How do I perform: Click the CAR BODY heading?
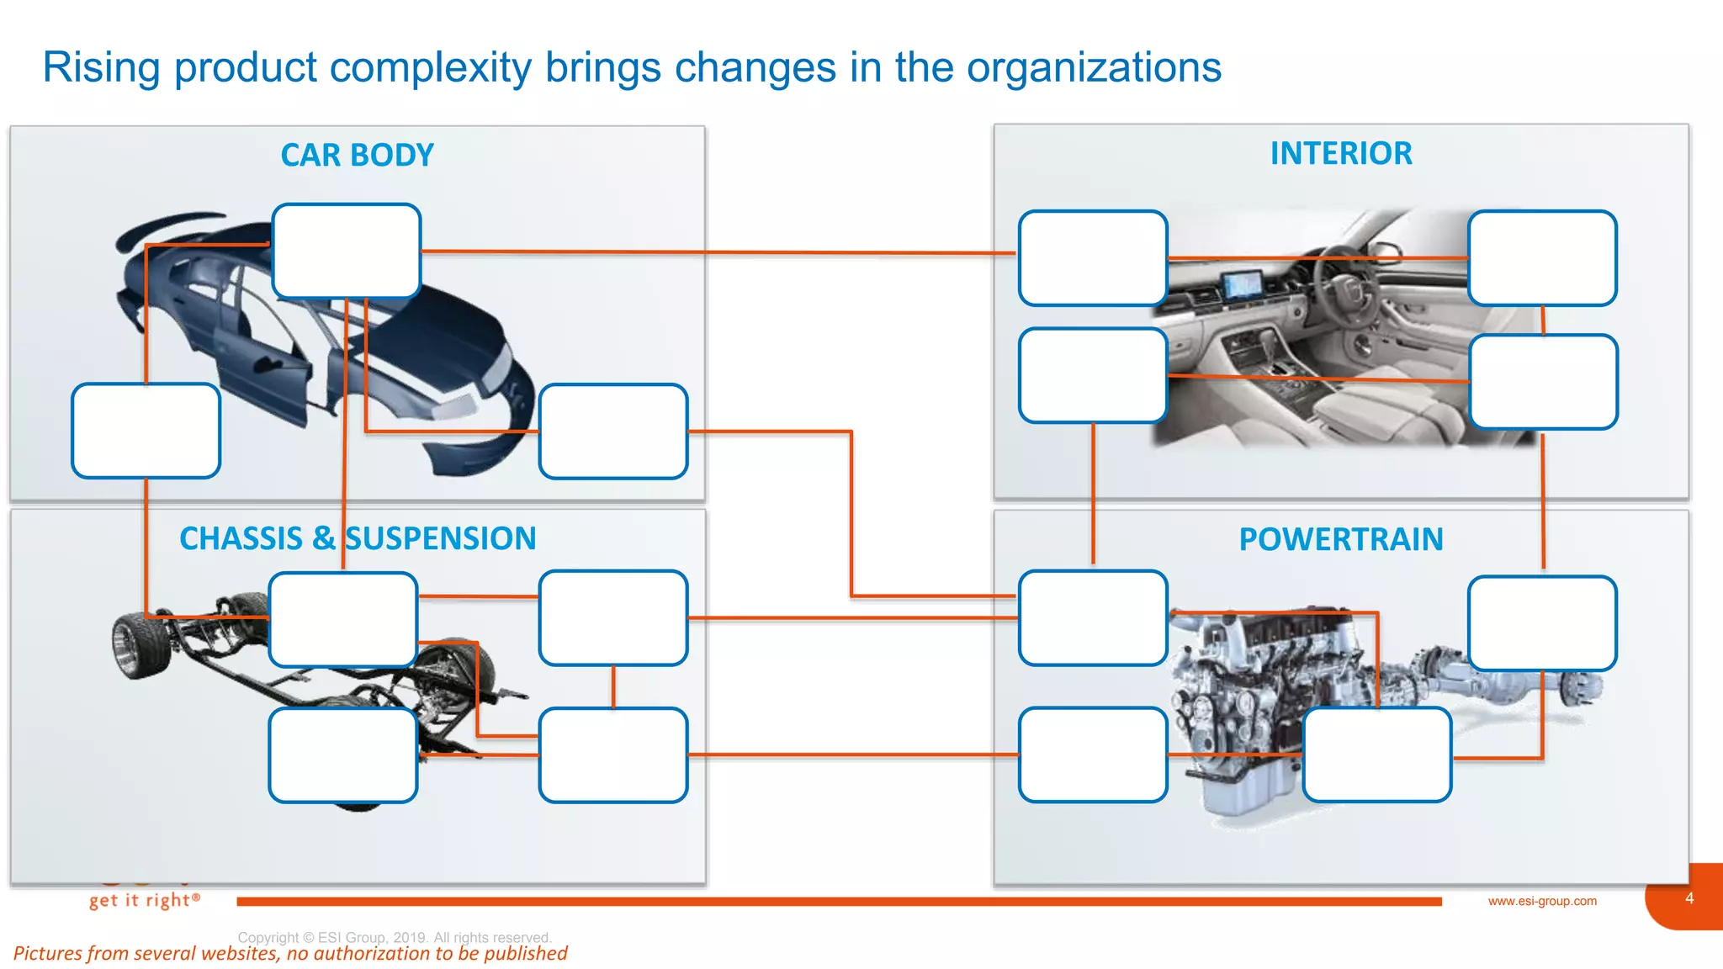tap(357, 156)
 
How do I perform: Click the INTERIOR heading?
tap(1340, 154)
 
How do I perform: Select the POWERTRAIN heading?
tap(1340, 539)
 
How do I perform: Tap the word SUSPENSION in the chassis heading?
tap(441, 538)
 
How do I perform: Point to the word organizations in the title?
tap(1094, 67)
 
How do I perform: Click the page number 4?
tap(1689, 898)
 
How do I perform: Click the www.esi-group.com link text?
tap(1541, 901)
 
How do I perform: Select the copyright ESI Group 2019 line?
tap(394, 937)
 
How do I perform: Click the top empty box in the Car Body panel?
tap(346, 251)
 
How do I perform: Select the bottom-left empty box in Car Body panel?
tap(146, 431)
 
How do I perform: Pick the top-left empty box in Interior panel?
tap(1092, 257)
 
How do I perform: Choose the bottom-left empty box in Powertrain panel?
tap(1092, 755)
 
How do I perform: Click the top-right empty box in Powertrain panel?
tap(1541, 623)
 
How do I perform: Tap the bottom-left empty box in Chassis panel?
tap(342, 755)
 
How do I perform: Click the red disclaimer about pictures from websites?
tap(290, 954)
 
